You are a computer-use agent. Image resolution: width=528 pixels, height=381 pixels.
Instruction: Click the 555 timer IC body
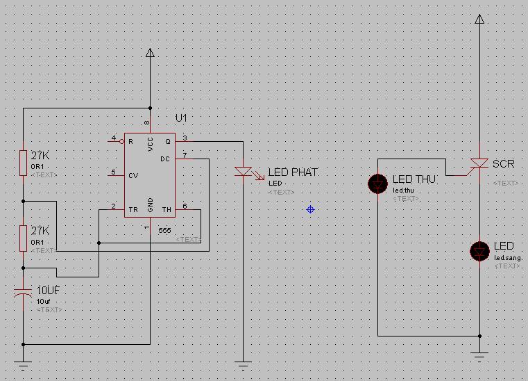(x=149, y=175)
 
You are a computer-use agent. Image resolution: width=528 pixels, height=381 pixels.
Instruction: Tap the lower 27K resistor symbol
(x=23, y=238)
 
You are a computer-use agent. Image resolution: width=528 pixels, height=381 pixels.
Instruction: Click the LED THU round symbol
(x=378, y=184)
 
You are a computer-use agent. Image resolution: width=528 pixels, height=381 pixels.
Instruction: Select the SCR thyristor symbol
(x=479, y=164)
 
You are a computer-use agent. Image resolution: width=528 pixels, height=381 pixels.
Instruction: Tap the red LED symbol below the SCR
(x=479, y=251)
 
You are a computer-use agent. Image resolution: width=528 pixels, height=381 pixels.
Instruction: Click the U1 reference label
(x=181, y=119)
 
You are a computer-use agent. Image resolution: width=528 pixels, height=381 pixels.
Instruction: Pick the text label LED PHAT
(x=293, y=172)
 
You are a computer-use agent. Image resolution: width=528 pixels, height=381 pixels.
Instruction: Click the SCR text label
(x=504, y=164)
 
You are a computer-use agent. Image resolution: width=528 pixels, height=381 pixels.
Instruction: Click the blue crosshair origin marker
(x=310, y=209)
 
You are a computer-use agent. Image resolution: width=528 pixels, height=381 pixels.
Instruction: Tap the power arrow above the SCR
(x=479, y=19)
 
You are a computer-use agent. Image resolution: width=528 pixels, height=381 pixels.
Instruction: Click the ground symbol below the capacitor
(x=23, y=363)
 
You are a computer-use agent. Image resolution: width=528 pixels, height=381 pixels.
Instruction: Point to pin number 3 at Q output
(x=185, y=137)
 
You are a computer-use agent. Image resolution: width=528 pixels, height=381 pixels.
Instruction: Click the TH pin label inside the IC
(x=167, y=209)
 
